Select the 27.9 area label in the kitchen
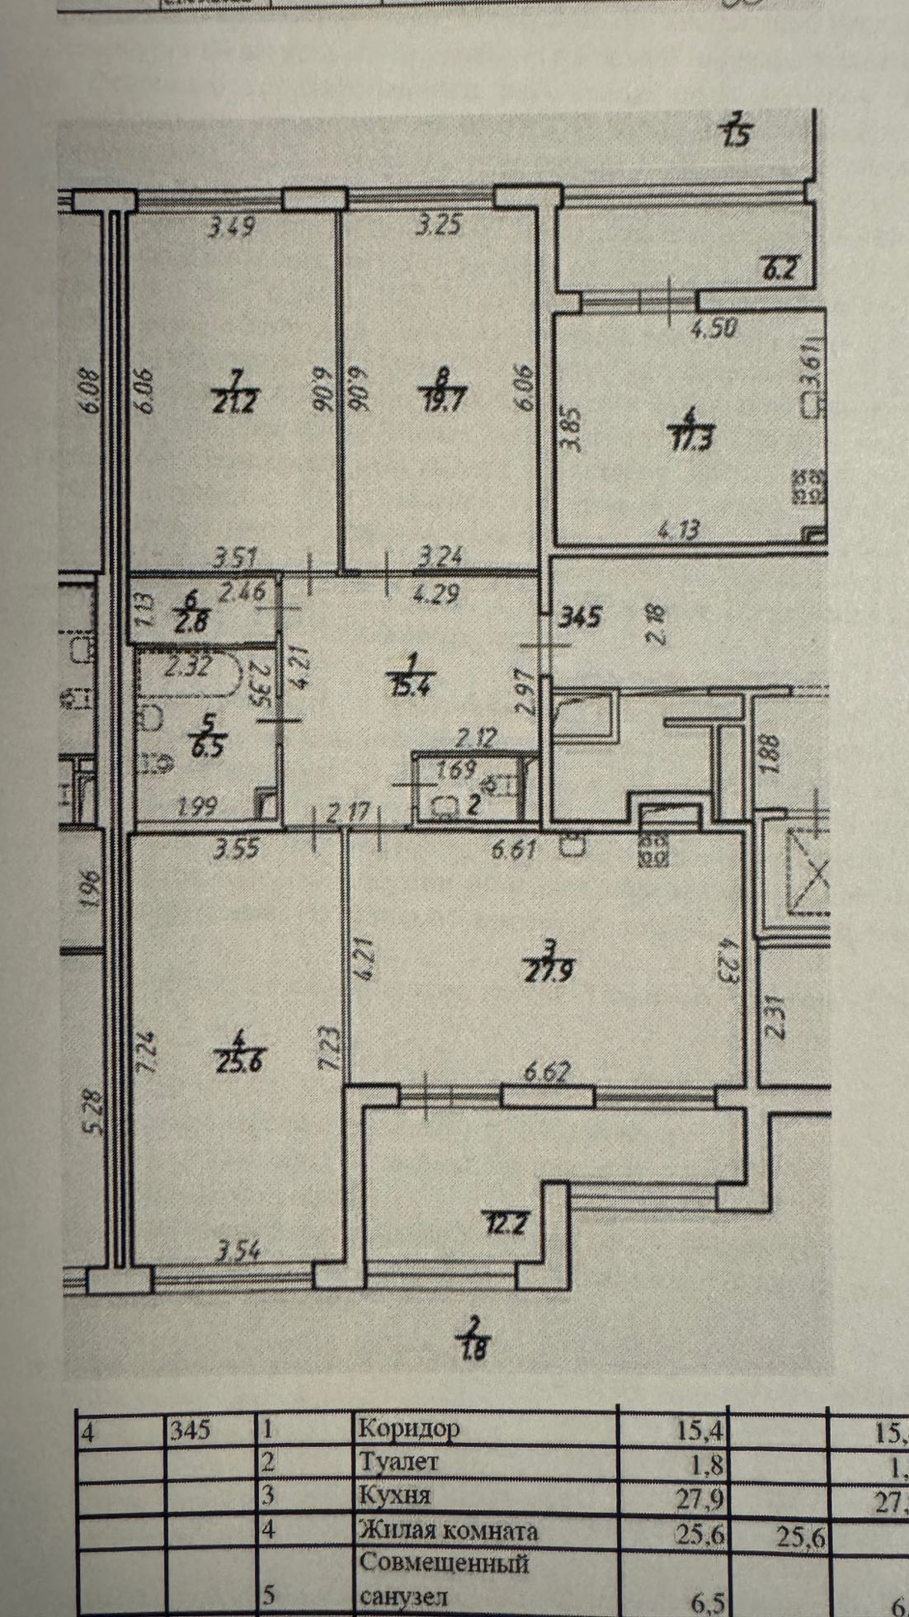tap(549, 972)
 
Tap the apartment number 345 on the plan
tap(582, 615)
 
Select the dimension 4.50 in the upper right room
tap(714, 329)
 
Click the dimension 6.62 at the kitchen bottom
tap(548, 1072)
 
